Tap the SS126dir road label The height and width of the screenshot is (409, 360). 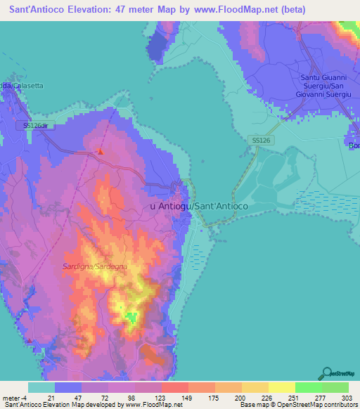(38, 125)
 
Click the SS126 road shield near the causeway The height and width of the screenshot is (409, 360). (261, 141)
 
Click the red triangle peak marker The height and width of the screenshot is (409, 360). (101, 151)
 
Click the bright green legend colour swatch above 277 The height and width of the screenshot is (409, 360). (308, 388)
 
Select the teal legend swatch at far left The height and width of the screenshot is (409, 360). (41, 388)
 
